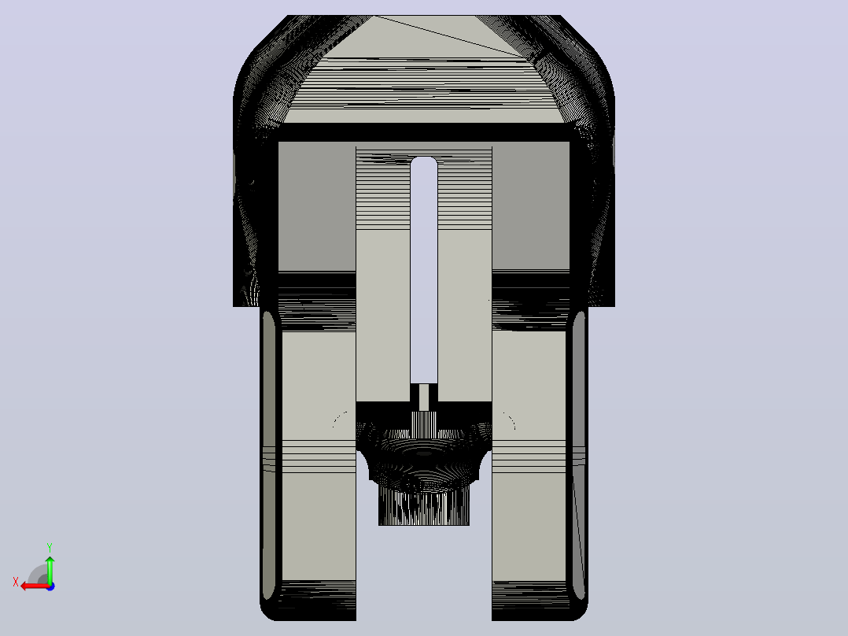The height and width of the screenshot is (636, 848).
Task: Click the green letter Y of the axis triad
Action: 50,548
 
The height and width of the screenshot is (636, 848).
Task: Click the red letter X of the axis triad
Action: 16,582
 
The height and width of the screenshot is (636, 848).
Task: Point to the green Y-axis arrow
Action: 50,569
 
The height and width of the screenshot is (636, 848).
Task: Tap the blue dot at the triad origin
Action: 50,586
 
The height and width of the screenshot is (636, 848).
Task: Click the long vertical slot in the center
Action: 424,271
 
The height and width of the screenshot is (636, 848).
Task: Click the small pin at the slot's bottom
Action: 424,397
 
